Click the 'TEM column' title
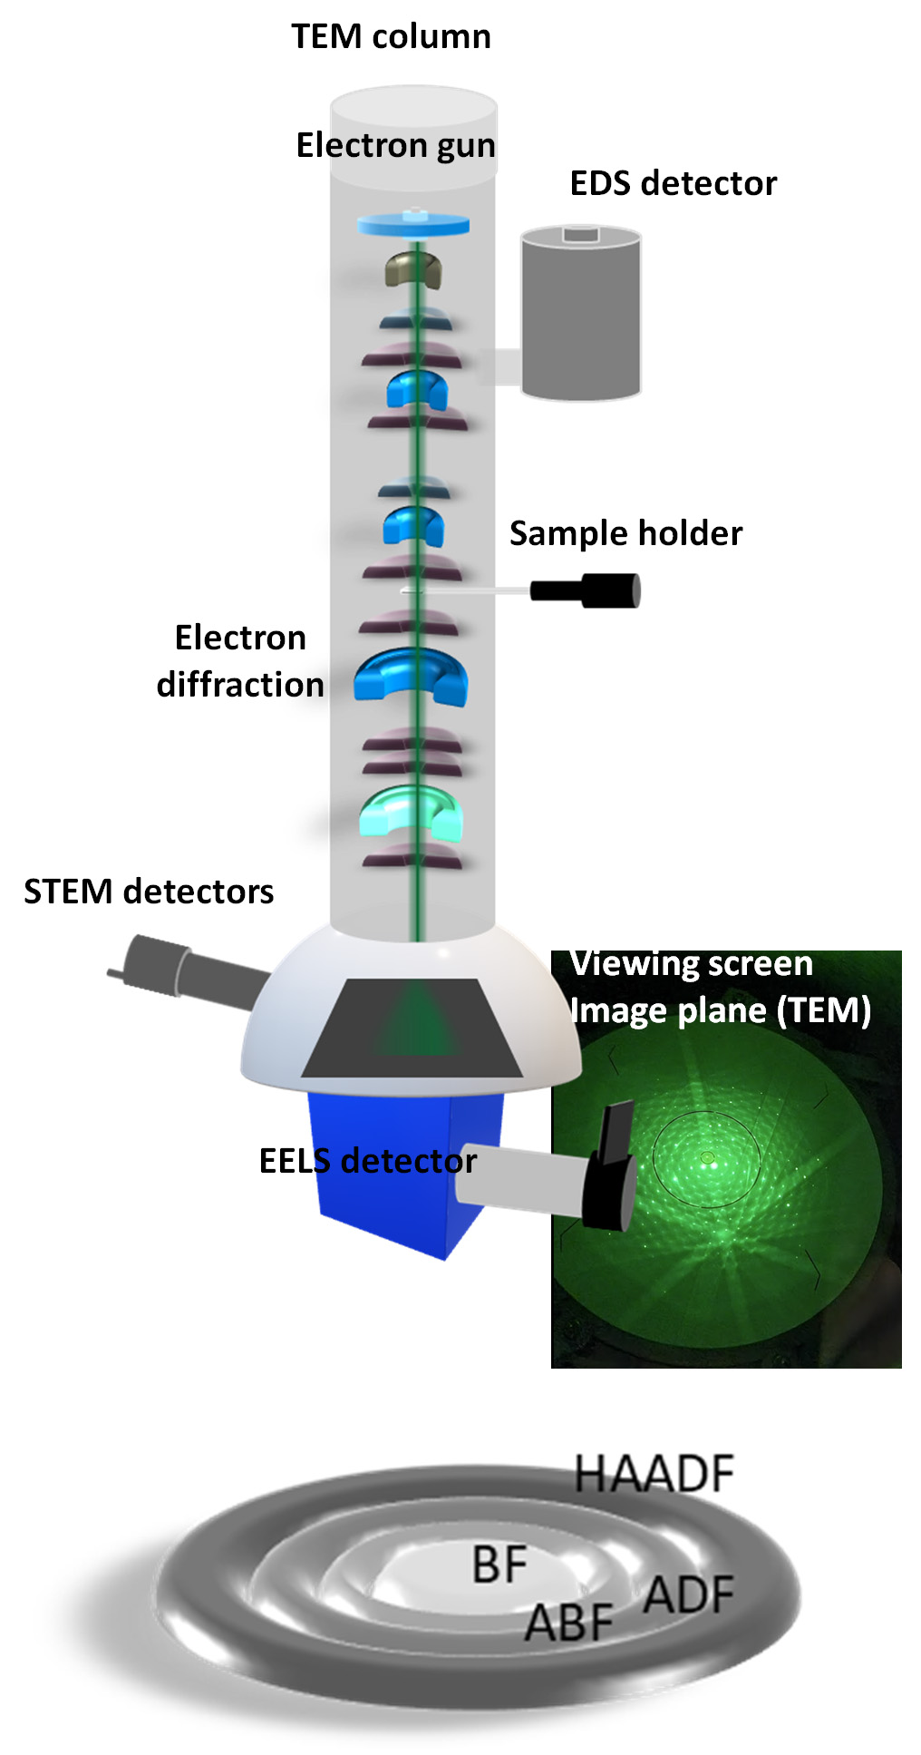(x=391, y=37)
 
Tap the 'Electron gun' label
(x=395, y=145)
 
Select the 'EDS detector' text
(x=673, y=183)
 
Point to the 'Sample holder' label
(x=625, y=533)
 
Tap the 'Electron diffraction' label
(x=240, y=661)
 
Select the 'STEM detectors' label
(x=149, y=892)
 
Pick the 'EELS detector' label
(x=367, y=1161)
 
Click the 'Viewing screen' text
(x=692, y=964)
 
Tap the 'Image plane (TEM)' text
(x=721, y=1010)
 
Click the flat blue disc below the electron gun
(x=413, y=224)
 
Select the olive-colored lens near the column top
(x=413, y=268)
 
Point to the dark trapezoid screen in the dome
(x=412, y=1029)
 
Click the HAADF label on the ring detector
(x=654, y=1474)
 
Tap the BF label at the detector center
(x=499, y=1565)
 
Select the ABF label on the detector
(x=569, y=1623)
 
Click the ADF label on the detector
(x=689, y=1595)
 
